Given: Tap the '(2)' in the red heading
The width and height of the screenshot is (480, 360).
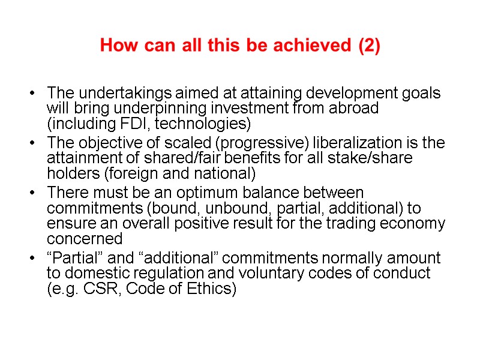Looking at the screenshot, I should [x=368, y=46].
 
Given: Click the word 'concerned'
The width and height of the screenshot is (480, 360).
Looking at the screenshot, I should [x=85, y=238].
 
